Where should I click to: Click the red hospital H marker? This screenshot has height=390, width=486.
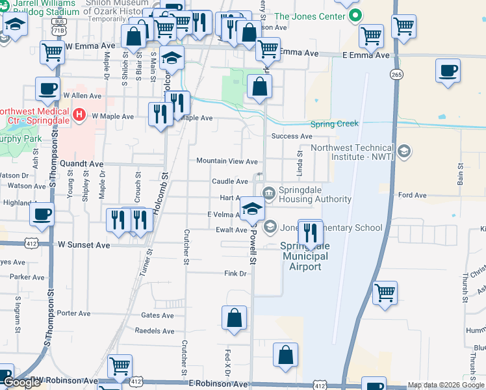(79, 116)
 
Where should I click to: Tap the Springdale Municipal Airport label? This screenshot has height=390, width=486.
(305, 257)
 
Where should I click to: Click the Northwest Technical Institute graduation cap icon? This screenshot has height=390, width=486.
(403, 152)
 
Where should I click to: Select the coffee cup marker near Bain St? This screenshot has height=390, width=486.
(447, 71)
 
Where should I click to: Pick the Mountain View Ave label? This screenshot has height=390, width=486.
(227, 161)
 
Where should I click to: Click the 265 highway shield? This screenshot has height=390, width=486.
(396, 75)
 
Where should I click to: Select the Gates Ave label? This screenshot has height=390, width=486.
(157, 315)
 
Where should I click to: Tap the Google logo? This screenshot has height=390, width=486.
(21, 383)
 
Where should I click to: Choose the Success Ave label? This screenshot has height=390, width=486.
(292, 136)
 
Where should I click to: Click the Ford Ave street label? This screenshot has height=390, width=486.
(412, 195)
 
